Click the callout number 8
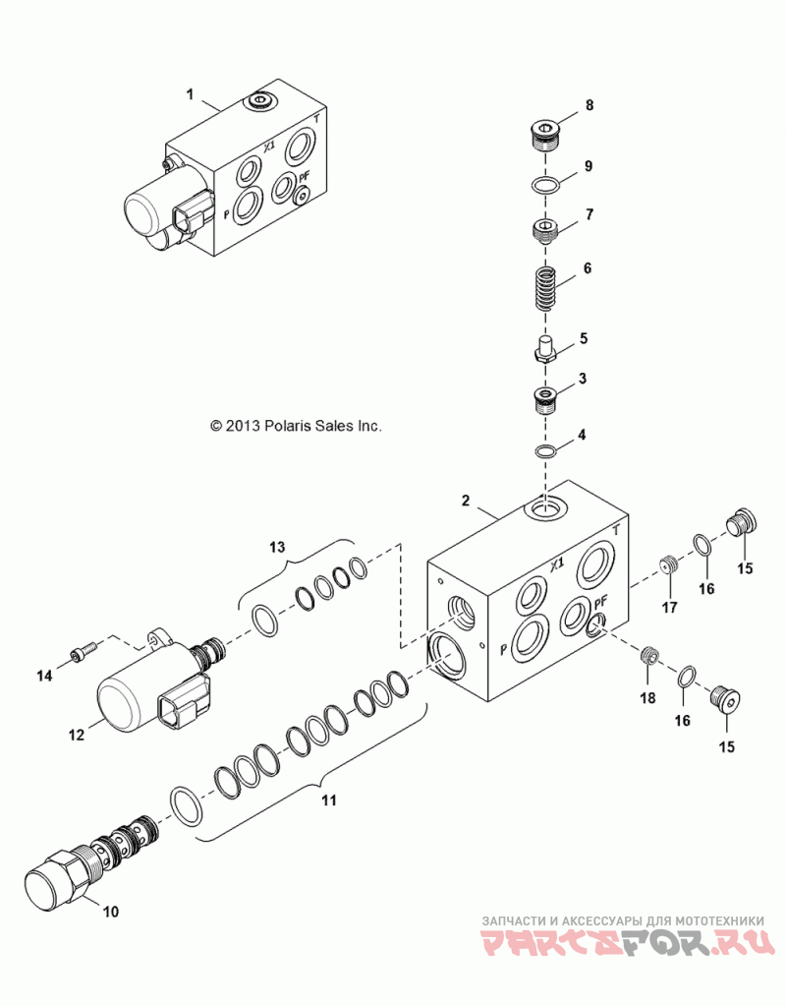pos(589,105)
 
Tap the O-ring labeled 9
pos(543,185)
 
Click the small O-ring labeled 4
pos(545,452)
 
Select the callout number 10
pos(111,911)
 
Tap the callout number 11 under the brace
pos(329,800)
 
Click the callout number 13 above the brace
pos(277,548)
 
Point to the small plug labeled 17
pos(670,567)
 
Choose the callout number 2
pos(466,501)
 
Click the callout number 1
pos(190,94)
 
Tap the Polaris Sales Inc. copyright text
pos(296,426)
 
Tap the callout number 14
pos(44,675)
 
